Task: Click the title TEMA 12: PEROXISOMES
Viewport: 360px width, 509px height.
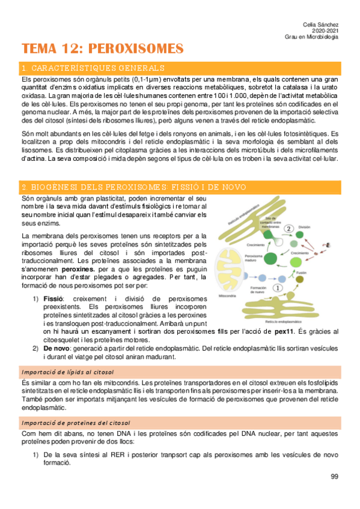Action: pos(103,48)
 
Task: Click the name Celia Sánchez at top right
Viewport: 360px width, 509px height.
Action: pos(320,23)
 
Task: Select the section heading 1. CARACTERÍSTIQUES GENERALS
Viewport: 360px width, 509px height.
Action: pos(93,68)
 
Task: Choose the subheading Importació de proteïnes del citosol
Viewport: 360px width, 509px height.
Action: pos(76,423)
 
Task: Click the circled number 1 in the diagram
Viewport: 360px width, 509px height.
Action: pos(277,288)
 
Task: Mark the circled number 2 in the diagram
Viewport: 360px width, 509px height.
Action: pos(289,228)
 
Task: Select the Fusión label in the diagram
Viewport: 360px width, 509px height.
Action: pos(301,272)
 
